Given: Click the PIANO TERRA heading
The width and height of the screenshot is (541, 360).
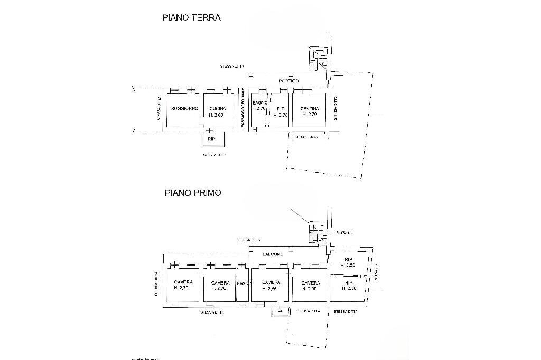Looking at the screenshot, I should [191, 17].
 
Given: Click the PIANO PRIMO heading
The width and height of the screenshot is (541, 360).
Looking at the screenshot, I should [192, 193].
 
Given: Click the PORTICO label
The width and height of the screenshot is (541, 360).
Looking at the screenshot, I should [289, 81].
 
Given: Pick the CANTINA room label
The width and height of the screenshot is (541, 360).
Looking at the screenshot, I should [309, 108].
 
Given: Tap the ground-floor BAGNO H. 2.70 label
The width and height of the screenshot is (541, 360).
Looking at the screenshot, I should [259, 105].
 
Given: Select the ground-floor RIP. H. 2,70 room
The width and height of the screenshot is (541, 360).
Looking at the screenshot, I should [281, 112].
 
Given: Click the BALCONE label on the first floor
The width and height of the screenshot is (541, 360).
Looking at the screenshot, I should [274, 254].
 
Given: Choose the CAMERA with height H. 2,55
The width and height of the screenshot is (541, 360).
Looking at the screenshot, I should [270, 285].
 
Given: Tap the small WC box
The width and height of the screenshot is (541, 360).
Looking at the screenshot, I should [280, 312].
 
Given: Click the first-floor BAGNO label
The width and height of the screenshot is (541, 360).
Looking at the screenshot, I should [244, 284].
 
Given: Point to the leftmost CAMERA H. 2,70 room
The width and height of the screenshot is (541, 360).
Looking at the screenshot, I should [183, 285].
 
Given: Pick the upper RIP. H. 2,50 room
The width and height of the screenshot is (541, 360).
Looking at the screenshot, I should [348, 262].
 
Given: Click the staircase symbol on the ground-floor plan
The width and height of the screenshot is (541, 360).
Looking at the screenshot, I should [319, 58].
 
